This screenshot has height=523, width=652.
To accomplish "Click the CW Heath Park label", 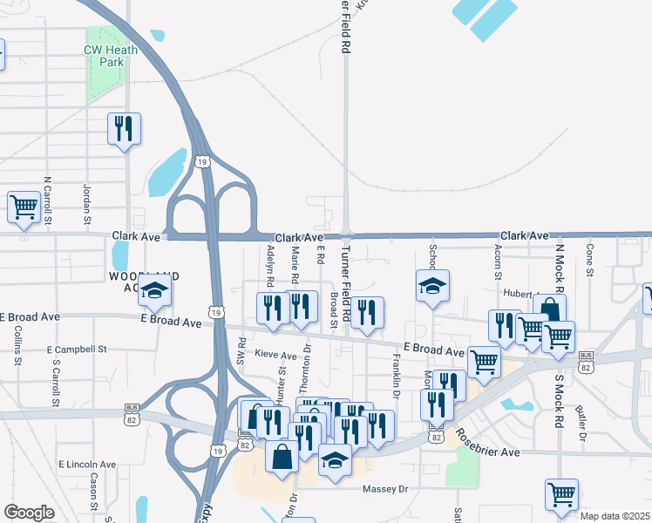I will click(x=105, y=57).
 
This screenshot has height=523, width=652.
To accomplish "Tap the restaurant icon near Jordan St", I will click(x=123, y=129).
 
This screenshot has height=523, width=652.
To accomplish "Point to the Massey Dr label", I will click(x=384, y=489).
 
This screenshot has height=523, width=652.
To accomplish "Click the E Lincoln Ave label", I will click(x=86, y=464).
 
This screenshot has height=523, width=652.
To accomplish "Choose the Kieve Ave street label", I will click(x=276, y=356).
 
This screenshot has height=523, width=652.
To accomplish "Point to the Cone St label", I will click(x=590, y=260).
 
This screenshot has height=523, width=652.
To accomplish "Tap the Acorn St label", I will click(x=497, y=260).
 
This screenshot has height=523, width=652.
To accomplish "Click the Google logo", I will click(x=29, y=513).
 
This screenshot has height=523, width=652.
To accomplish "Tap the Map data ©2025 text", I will click(x=615, y=516).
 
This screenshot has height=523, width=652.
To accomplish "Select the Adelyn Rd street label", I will click(x=271, y=266).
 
